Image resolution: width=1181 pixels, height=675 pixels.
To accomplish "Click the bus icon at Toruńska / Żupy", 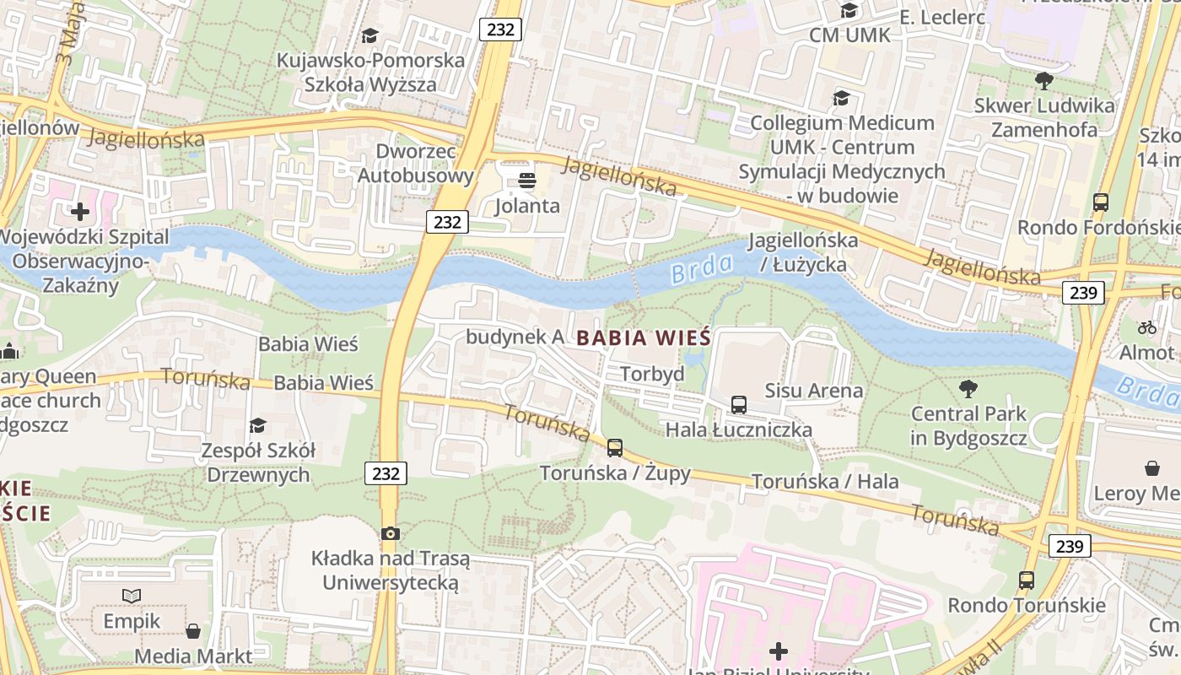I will coord(615,447).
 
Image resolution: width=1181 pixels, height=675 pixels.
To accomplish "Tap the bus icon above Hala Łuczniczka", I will coord(739,404).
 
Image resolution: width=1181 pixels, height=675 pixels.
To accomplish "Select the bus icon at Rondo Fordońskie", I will coord(1101,202).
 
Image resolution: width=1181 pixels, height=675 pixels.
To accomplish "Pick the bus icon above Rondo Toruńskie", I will coord(1027,580).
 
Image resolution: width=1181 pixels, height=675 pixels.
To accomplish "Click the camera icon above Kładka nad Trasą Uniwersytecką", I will coord(390,533).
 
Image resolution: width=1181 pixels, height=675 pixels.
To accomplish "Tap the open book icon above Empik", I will coord(132,596).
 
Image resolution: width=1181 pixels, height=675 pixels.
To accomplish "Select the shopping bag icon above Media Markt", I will coord(193,630).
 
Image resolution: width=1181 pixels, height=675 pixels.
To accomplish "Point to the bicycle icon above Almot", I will coord(1147,327).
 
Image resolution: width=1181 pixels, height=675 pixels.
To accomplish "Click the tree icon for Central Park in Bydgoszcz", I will coord(968,389).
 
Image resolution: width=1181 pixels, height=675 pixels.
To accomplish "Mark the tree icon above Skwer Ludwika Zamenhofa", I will coord(1043,81).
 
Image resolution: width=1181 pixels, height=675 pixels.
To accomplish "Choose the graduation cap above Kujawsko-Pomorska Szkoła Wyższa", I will coord(369,35).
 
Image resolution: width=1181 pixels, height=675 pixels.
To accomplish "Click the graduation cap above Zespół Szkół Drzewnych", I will coord(257,425).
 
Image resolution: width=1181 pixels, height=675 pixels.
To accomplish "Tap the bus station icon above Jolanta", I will coord(527,181).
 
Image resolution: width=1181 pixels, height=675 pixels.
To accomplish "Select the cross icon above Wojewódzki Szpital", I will coord(80,211).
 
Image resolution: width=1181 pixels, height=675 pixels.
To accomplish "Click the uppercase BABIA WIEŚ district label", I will coord(644,338).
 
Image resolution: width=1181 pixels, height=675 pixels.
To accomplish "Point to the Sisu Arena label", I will coord(813,391).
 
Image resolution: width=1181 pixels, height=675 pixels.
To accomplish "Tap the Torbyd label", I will coord(652,374).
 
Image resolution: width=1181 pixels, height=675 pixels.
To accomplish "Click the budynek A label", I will coord(515,337).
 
